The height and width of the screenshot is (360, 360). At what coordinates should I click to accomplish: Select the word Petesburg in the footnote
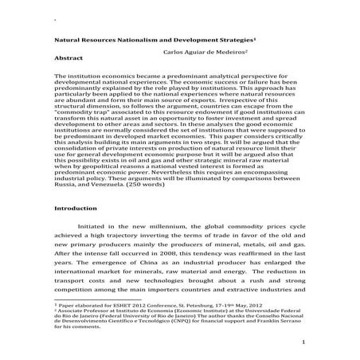coord(205,304)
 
